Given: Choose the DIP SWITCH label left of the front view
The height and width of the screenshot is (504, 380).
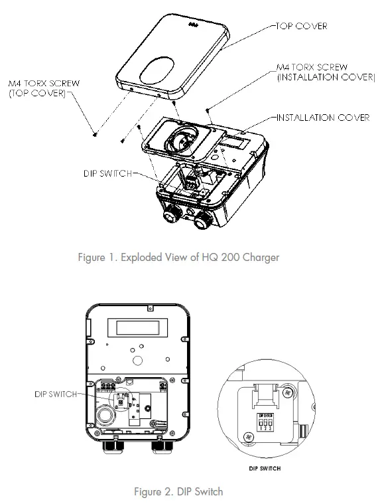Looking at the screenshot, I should [x=56, y=394].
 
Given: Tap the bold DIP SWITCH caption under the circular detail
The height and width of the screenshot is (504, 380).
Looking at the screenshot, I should [x=264, y=468].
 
